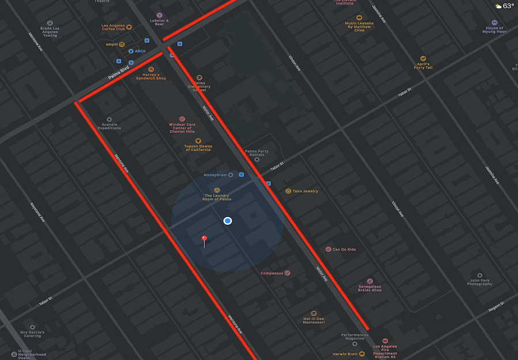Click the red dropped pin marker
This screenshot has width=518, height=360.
(x=204, y=238)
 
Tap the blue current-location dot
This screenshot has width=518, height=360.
(x=228, y=221)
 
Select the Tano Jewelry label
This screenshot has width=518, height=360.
(x=305, y=191)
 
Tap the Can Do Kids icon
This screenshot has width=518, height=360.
(x=328, y=250)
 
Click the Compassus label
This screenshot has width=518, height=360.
(x=272, y=273)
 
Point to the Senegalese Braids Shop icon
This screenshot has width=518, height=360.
(x=370, y=281)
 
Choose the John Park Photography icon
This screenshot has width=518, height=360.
(x=479, y=275)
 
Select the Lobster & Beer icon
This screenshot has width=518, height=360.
(x=159, y=15)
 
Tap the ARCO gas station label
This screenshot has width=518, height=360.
(x=140, y=51)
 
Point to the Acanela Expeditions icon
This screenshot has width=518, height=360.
(x=109, y=119)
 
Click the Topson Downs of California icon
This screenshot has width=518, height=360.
(x=198, y=140)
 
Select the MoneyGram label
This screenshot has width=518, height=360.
(x=215, y=175)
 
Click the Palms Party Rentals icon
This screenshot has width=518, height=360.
(x=257, y=160)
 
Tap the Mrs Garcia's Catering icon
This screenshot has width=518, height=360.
(x=32, y=327)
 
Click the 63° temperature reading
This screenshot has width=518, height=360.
(x=508, y=6)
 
